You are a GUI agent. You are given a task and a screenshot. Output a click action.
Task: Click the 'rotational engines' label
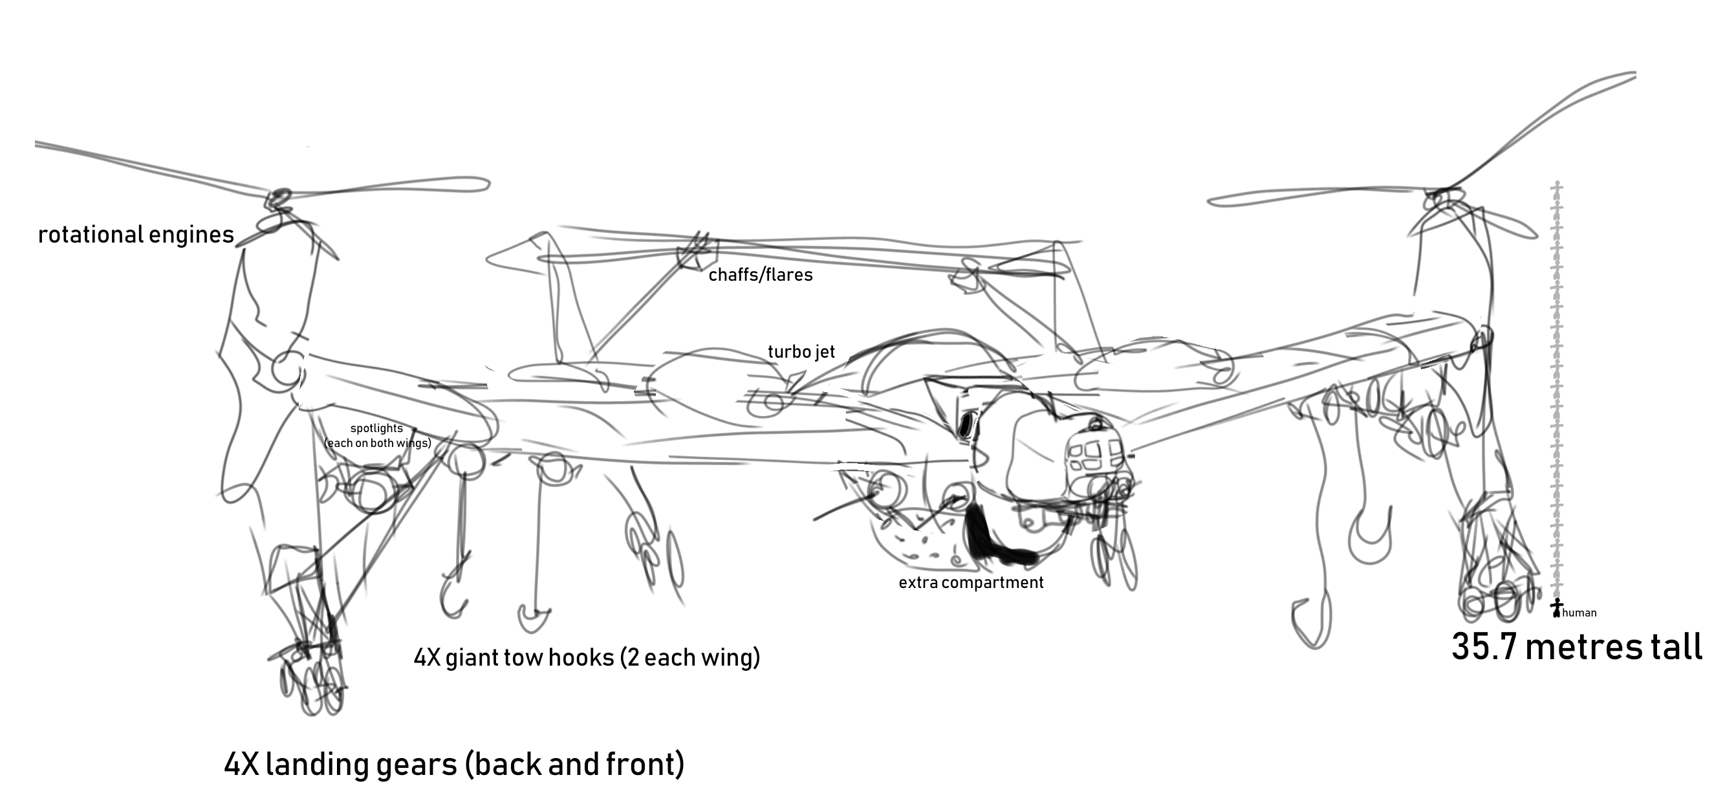(136, 235)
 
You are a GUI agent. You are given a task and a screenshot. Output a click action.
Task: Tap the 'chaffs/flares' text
(761, 275)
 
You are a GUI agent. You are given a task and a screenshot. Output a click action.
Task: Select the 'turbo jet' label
(801, 351)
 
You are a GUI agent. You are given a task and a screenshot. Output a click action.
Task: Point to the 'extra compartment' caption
(971, 583)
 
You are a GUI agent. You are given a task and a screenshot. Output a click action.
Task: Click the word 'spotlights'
(376, 429)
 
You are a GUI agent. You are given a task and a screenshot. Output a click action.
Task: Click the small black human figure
(1556, 607)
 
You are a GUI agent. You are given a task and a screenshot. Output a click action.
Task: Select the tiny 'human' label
(1579, 613)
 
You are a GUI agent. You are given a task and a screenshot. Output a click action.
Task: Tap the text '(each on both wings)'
(378, 443)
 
